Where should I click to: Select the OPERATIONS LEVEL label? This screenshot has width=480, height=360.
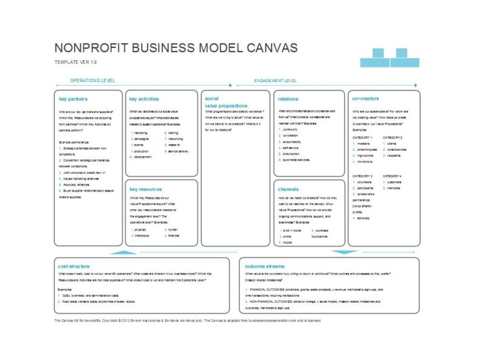click(92, 80)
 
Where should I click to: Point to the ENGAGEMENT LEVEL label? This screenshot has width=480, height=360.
click(275, 80)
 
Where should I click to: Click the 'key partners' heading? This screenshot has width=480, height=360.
click(73, 99)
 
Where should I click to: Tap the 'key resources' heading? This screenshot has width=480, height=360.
click(146, 189)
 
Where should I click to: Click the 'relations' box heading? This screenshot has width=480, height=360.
click(288, 99)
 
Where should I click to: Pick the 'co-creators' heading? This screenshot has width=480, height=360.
click(365, 99)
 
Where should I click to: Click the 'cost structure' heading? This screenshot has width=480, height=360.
click(74, 266)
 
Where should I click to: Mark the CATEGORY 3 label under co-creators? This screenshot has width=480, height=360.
click(363, 176)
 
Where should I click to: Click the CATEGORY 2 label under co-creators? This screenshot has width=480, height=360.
click(393, 137)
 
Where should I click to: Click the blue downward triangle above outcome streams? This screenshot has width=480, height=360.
click(344, 251)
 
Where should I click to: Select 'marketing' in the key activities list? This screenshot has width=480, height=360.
click(141, 132)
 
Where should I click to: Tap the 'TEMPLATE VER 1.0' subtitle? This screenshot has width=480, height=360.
click(75, 62)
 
